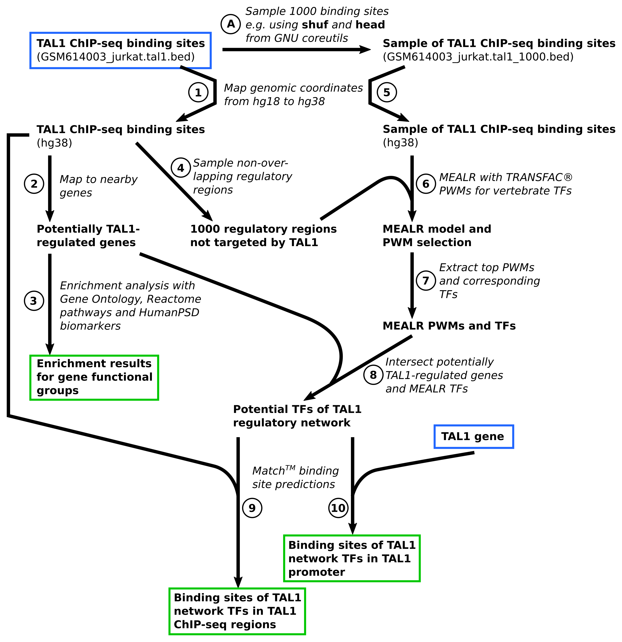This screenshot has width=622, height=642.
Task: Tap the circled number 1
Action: pos(198,92)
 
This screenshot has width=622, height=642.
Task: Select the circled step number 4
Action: pos(181,168)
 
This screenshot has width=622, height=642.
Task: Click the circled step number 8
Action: pos(373,375)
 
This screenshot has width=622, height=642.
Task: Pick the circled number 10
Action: pos(338,508)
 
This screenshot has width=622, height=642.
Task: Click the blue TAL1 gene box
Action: pos(474,437)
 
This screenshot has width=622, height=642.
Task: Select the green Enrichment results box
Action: pos(94,377)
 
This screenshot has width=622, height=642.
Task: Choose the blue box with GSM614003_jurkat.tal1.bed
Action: pos(120,50)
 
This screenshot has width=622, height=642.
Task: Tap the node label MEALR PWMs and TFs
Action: pos(449,326)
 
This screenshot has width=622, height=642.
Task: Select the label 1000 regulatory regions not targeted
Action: pos(263,236)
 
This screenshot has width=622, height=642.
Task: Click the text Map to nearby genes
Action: pos(98,186)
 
